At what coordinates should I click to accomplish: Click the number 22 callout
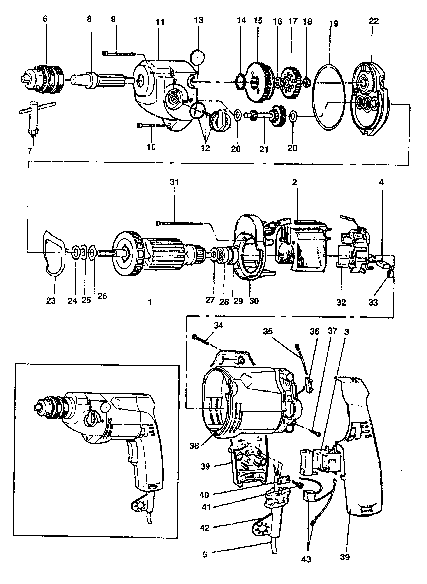coord(374,21)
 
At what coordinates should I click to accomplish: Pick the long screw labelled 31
coord(181,223)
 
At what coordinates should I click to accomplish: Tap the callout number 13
coord(198,20)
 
